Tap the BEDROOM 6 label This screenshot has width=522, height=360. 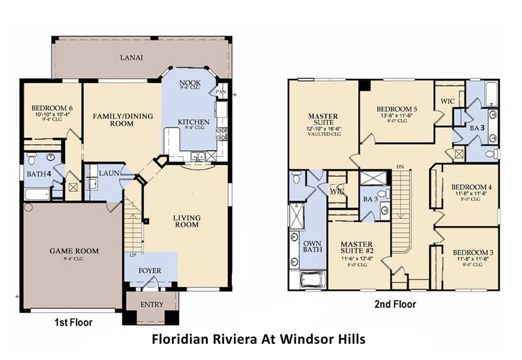(x=52, y=108)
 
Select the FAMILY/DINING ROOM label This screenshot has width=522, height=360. (x=122, y=120)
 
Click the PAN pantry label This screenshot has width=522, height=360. (x=220, y=92)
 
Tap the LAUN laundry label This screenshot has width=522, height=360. (x=109, y=172)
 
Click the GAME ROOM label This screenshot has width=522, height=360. (x=74, y=251)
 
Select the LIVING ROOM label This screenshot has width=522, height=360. (x=187, y=221)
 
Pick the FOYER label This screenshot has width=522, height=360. (x=150, y=270)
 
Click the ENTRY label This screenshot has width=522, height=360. (x=152, y=305)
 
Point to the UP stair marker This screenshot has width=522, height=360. (x=132, y=255)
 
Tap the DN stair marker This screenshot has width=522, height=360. (x=400, y=166)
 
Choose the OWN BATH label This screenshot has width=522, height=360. (x=312, y=246)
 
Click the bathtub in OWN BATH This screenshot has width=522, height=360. (x=307, y=280)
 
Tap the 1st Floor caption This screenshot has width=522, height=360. (x=73, y=322)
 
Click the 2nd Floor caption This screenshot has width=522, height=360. (x=395, y=305)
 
